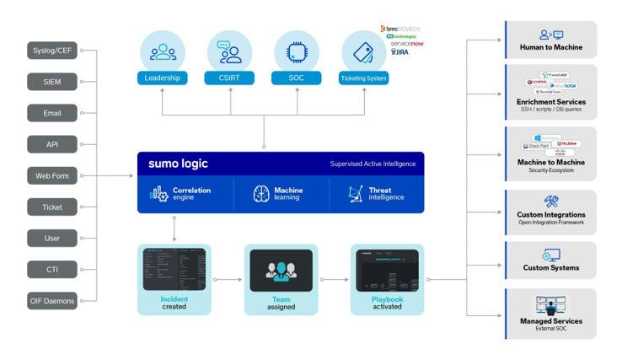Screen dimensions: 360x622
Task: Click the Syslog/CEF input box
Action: pyautogui.click(x=52, y=51)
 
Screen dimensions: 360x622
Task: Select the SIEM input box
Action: pyautogui.click(x=52, y=82)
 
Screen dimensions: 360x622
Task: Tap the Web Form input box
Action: pyautogui.click(x=52, y=175)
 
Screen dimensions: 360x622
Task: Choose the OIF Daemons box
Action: pyautogui.click(x=52, y=300)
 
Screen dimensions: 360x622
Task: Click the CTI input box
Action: pyautogui.click(x=52, y=269)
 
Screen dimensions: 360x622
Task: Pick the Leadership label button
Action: pyautogui.click(x=163, y=78)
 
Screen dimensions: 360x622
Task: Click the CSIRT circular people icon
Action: pyautogui.click(x=230, y=52)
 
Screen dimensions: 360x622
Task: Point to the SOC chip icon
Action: pyautogui.click(x=297, y=52)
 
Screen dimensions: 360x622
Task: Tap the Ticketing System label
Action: pyautogui.click(x=363, y=78)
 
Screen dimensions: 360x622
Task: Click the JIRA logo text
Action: pyautogui.click(x=399, y=52)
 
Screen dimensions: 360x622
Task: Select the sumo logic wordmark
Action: pyautogui.click(x=178, y=164)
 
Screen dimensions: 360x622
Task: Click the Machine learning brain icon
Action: pyautogui.click(x=261, y=194)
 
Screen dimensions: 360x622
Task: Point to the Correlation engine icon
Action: pyautogui.click(x=158, y=194)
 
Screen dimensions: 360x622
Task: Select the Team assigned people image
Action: pyautogui.click(x=281, y=271)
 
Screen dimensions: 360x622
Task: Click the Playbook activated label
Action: pyautogui.click(x=387, y=303)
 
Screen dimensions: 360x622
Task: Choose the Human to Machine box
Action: pyautogui.click(x=551, y=40)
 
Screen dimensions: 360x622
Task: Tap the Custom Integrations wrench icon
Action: pyautogui.click(x=551, y=201)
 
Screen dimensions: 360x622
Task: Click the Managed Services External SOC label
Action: pyautogui.click(x=551, y=324)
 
